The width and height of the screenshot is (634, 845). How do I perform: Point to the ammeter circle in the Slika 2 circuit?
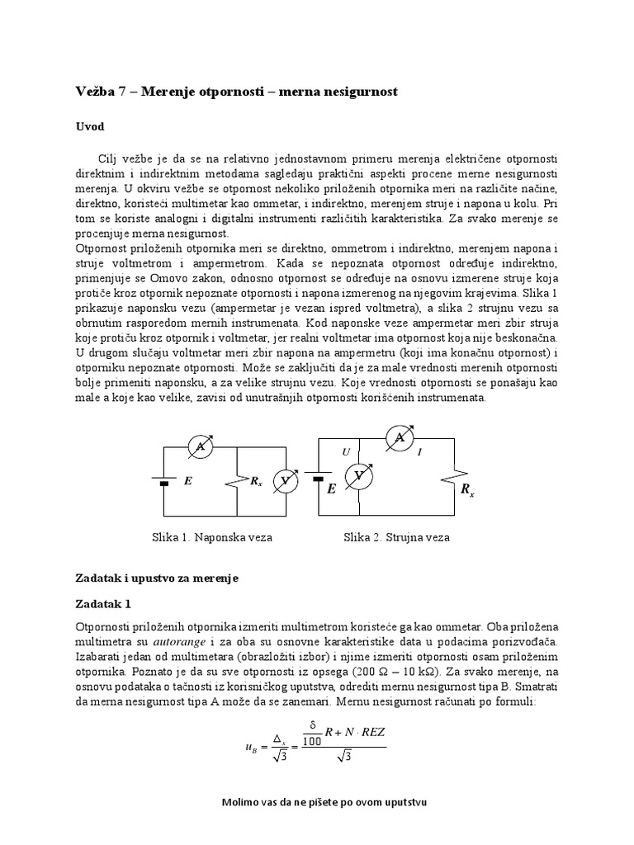(400, 438)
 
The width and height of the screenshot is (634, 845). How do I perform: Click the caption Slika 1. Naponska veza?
(211, 537)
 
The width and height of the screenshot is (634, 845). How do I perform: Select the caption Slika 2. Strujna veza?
(396, 537)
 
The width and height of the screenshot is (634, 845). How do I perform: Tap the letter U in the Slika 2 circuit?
(348, 452)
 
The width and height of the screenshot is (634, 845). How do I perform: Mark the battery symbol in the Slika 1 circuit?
(163, 480)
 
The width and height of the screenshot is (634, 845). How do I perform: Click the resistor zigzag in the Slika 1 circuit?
(239, 480)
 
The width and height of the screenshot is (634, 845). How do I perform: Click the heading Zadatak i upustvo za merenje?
(156, 578)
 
